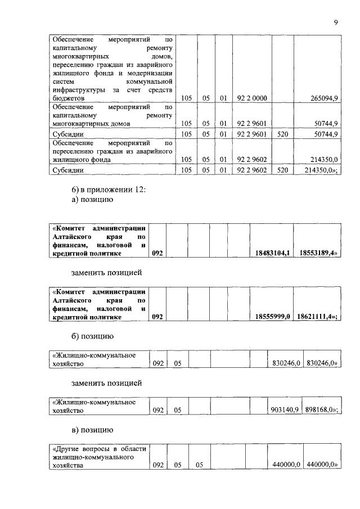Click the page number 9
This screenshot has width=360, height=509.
[335, 22]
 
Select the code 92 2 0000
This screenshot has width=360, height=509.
[252, 98]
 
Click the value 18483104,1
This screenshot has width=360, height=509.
[272, 254]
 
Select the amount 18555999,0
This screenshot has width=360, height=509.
[272, 317]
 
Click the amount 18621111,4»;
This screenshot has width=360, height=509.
[318, 317]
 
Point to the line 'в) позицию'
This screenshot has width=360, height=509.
[93, 430]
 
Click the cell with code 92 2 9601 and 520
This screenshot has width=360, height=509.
[282, 134]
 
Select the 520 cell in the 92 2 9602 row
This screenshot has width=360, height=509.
[282, 169]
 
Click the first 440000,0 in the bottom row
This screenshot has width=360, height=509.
[285, 466]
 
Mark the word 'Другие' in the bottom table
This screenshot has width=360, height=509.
[68, 449]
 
